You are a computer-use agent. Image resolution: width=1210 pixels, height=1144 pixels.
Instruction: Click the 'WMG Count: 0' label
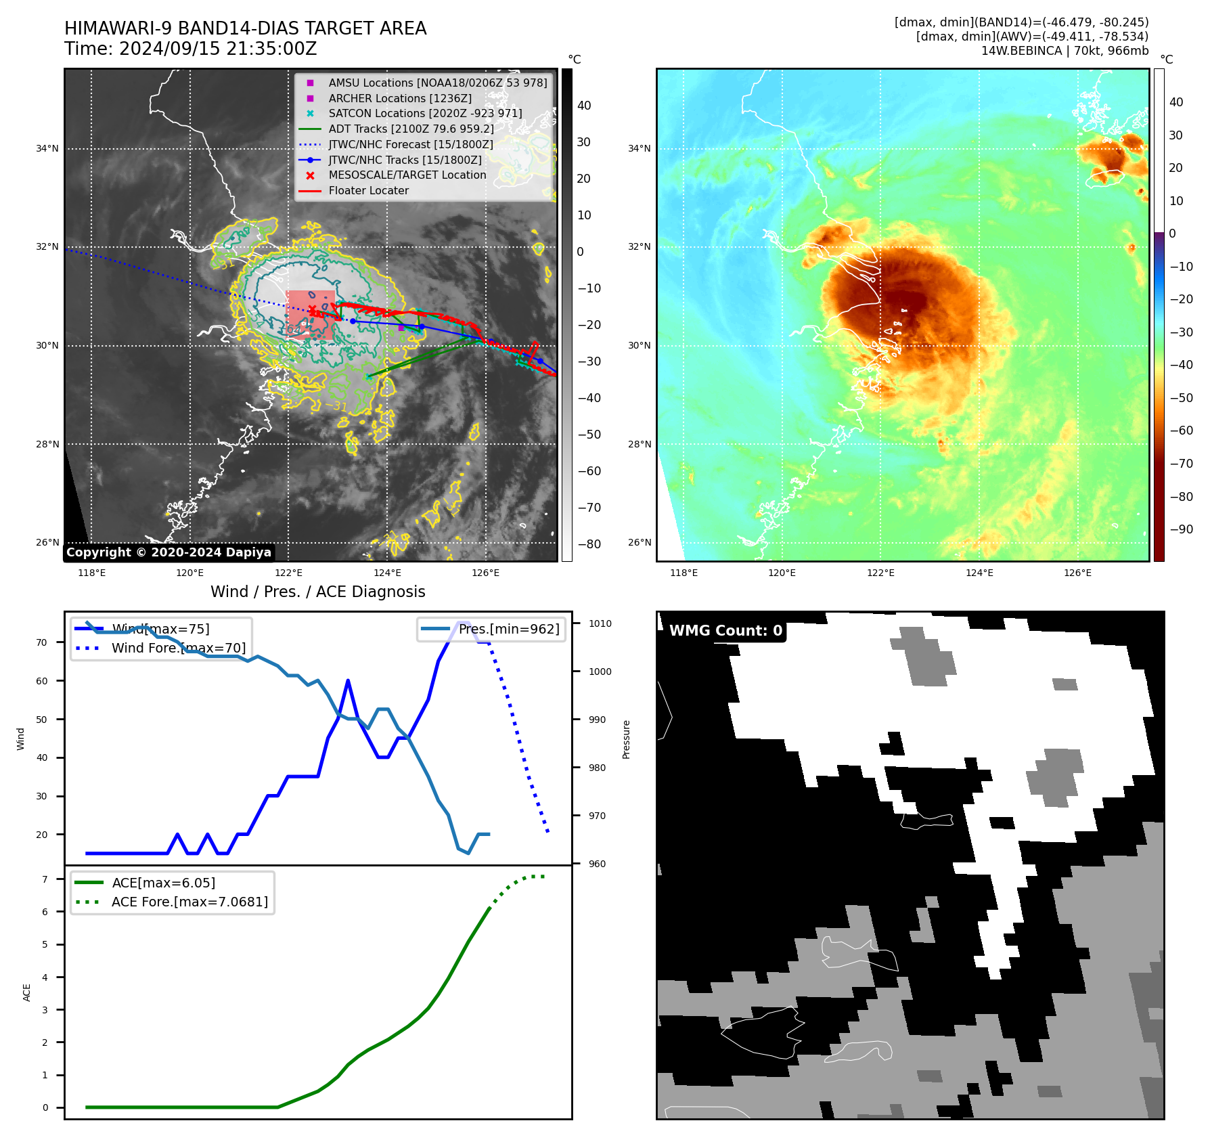click(x=725, y=631)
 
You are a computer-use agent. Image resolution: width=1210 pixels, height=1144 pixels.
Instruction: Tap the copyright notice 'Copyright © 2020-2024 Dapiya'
click(x=169, y=552)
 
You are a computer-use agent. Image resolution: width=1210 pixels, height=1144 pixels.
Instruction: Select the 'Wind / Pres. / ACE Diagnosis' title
click(x=317, y=592)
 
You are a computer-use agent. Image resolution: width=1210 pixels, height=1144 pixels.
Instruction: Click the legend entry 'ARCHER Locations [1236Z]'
click(x=400, y=98)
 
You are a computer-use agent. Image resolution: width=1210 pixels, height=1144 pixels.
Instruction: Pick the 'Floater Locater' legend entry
click(x=368, y=191)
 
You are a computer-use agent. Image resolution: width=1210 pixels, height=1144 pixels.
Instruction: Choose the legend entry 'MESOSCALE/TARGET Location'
click(x=407, y=175)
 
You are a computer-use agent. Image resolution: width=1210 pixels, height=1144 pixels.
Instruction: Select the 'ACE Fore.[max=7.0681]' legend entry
click(x=189, y=902)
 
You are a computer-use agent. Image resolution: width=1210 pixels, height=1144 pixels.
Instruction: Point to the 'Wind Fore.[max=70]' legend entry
click(x=178, y=648)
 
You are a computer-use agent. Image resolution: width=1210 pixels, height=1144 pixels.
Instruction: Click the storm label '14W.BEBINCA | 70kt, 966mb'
click(x=1065, y=51)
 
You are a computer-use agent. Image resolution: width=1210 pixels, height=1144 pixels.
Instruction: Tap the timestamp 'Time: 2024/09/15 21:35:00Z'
click(x=190, y=49)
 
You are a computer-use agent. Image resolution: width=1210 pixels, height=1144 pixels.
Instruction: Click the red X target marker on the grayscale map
click(x=312, y=311)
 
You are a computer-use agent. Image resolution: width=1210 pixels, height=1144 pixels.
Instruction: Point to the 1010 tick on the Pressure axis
click(x=600, y=623)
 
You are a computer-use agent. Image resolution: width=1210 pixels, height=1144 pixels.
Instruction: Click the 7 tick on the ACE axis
click(x=45, y=879)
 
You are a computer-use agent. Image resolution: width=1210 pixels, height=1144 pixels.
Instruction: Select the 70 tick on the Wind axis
click(x=42, y=642)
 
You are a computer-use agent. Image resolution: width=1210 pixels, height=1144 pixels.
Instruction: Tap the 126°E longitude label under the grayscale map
click(x=485, y=573)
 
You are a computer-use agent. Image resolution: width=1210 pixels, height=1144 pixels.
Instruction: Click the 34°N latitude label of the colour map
click(x=639, y=148)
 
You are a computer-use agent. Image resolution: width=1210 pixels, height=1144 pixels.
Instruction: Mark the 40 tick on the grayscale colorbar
click(x=584, y=106)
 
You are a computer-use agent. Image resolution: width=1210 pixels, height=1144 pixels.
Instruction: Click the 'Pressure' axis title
click(x=626, y=739)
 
